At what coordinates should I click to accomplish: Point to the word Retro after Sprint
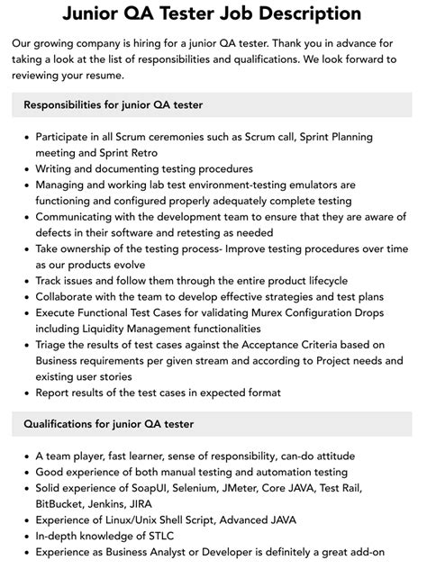pos(135,153)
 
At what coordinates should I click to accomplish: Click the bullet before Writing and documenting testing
pos(25,169)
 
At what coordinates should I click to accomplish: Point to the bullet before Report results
pos(25,392)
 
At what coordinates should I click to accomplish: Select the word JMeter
pos(257,487)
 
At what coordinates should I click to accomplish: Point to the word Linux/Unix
pos(135,519)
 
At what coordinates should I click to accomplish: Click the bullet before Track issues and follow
pos(25,280)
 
